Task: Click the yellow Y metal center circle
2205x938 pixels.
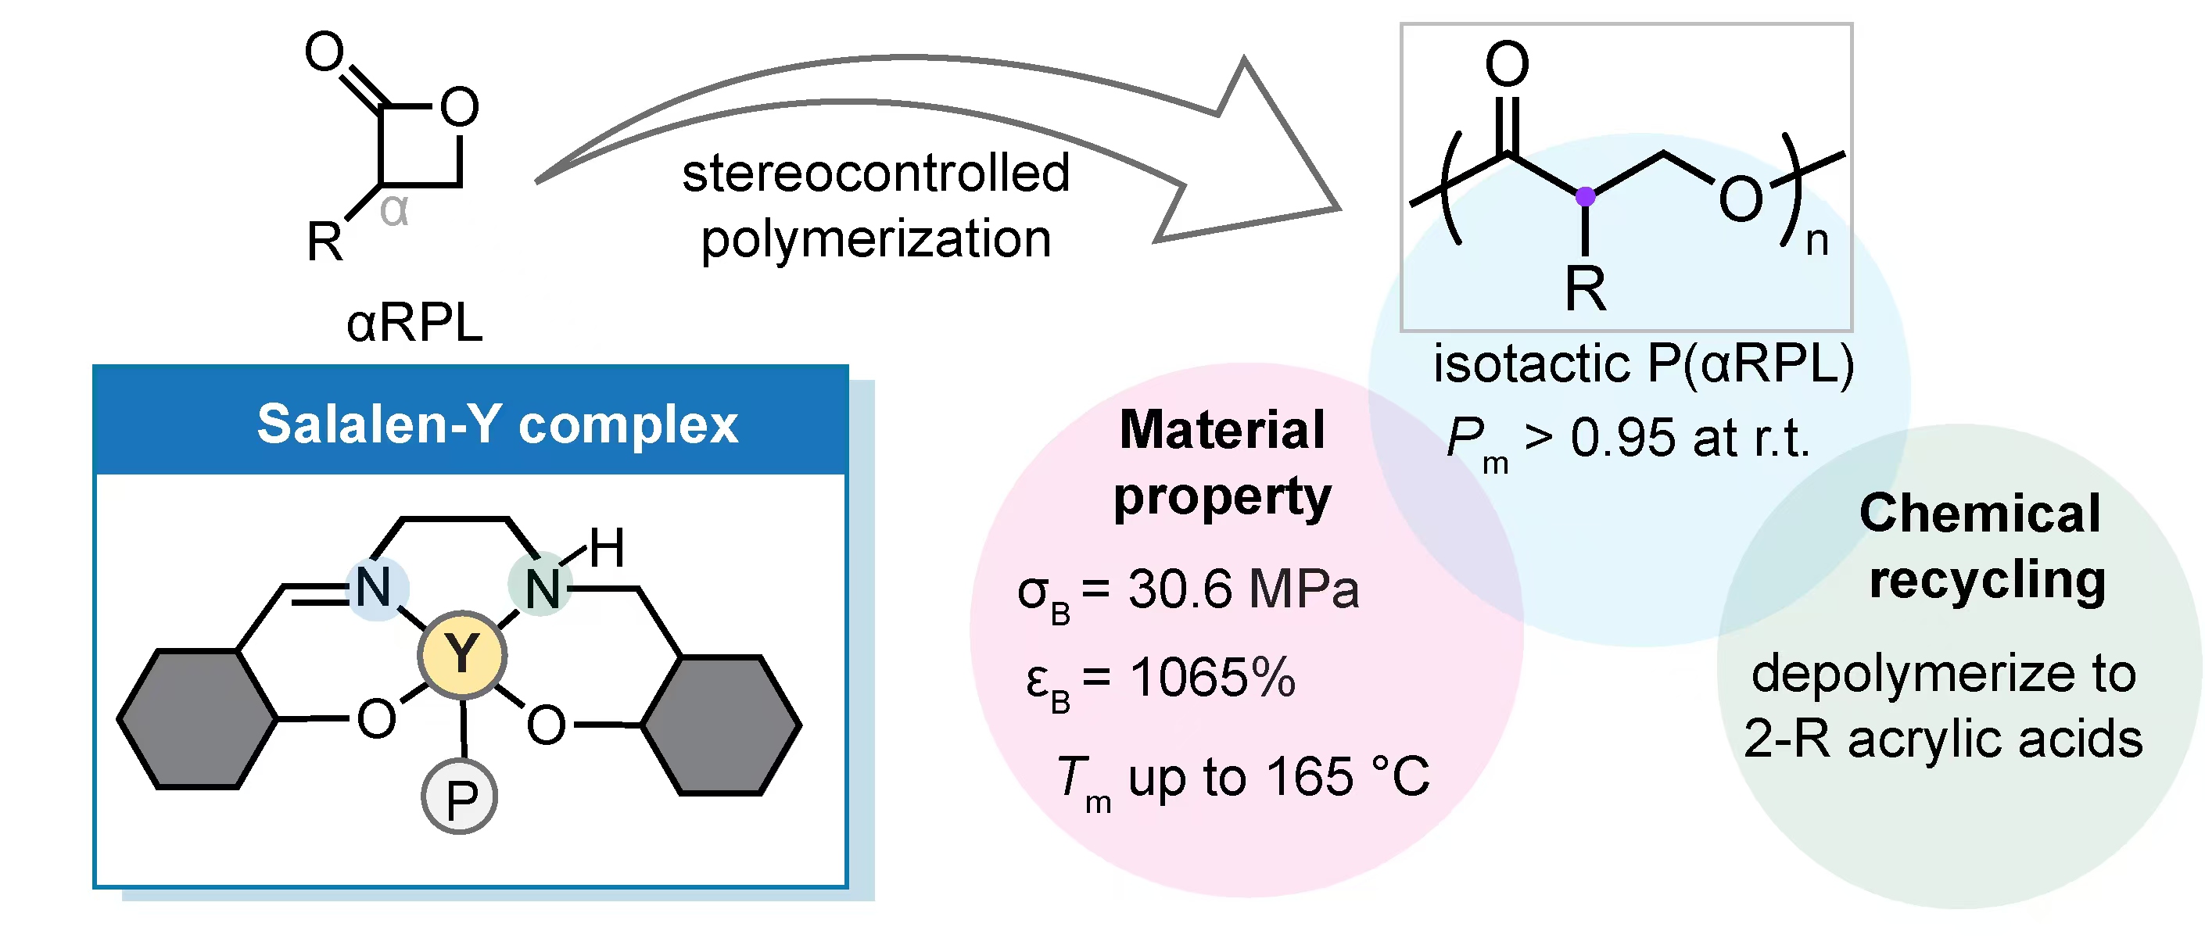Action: [x=462, y=655]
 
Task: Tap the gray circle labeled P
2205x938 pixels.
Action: [x=460, y=797]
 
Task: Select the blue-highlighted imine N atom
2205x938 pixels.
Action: [x=374, y=588]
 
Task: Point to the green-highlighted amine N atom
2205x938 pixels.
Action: [x=541, y=588]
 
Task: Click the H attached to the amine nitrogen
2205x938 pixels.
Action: [x=607, y=548]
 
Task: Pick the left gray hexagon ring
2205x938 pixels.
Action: [x=197, y=719]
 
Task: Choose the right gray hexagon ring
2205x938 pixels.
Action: [x=722, y=725]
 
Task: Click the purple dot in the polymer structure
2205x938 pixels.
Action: [x=1585, y=197]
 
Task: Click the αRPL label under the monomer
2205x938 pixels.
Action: [x=414, y=324]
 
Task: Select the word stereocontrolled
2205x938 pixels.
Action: [x=876, y=173]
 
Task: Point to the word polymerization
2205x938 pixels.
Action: [x=876, y=238]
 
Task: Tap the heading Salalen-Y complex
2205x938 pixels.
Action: [x=497, y=424]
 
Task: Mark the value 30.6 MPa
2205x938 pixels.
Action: [x=1243, y=589]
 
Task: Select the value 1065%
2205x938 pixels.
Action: [x=1212, y=678]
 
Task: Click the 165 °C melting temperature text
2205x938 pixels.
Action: [x=1348, y=777]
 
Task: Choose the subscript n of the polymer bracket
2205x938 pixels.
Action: [x=1816, y=242]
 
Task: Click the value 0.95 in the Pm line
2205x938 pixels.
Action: [x=1622, y=439]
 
